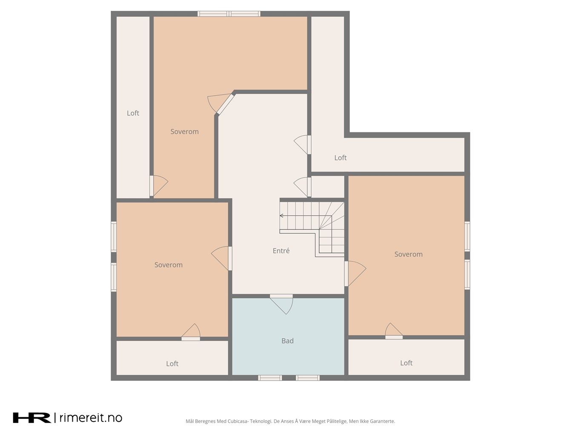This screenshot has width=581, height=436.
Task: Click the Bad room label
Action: tap(287, 341)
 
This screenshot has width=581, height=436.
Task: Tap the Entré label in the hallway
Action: tap(281, 250)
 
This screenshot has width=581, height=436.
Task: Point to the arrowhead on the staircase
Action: tap(281, 215)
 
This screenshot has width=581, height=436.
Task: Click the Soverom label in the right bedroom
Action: tap(409, 254)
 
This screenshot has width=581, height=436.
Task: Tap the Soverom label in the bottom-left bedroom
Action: tap(169, 265)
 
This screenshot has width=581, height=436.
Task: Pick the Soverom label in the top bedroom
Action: tap(184, 132)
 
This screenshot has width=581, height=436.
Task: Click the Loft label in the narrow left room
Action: tap(133, 113)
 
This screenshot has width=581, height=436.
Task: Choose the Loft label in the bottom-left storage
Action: tap(172, 364)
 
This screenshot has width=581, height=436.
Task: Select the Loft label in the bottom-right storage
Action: tap(406, 363)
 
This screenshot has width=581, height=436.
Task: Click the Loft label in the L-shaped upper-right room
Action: tap(341, 158)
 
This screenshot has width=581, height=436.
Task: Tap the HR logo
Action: tap(32, 417)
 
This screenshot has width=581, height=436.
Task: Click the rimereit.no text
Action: tap(91, 417)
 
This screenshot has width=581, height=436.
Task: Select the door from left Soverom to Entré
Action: tap(220, 258)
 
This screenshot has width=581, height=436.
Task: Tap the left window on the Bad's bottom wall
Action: tap(270, 378)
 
